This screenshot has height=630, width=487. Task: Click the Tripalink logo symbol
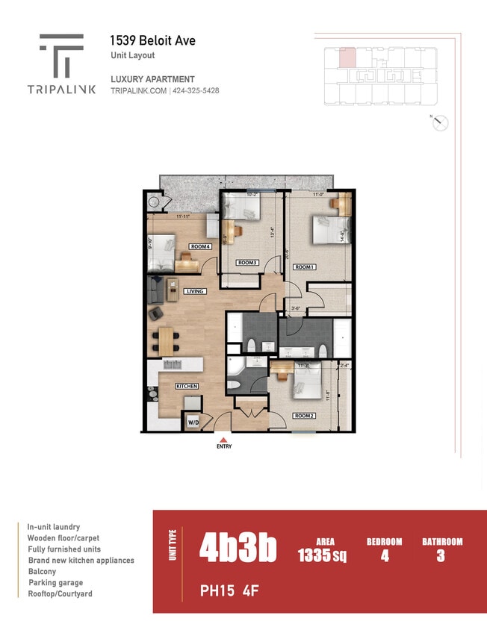pyautogui.click(x=61, y=56)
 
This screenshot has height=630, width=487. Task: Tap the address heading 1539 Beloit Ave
pyautogui.click(x=152, y=40)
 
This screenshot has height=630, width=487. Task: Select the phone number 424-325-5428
pyautogui.click(x=196, y=91)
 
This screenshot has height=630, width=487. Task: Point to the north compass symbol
pyautogui.click(x=440, y=123)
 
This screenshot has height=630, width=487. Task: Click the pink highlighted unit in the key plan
pyautogui.click(x=347, y=57)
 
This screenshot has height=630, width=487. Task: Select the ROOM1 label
pyautogui.click(x=304, y=266)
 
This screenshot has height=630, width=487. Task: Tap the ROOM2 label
pyautogui.click(x=304, y=416)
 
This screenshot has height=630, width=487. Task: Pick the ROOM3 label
pyautogui.click(x=247, y=263)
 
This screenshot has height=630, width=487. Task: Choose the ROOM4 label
pyautogui.click(x=199, y=246)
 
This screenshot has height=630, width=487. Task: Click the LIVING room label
pyautogui.click(x=195, y=291)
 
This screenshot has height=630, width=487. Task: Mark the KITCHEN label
pyautogui.click(x=187, y=386)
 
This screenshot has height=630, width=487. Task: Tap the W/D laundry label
pyautogui.click(x=193, y=422)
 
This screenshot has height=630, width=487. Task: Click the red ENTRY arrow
pyautogui.click(x=224, y=440)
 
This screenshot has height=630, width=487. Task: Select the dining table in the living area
pyautogui.click(x=166, y=342)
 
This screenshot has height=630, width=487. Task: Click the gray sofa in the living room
pyautogui.click(x=155, y=290)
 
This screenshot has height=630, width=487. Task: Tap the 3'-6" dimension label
pyautogui.click(x=296, y=308)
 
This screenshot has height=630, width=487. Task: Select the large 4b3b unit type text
pyautogui.click(x=238, y=549)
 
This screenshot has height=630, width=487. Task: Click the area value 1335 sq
pyautogui.click(x=321, y=555)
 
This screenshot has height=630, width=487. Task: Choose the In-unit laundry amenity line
pyautogui.click(x=54, y=527)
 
